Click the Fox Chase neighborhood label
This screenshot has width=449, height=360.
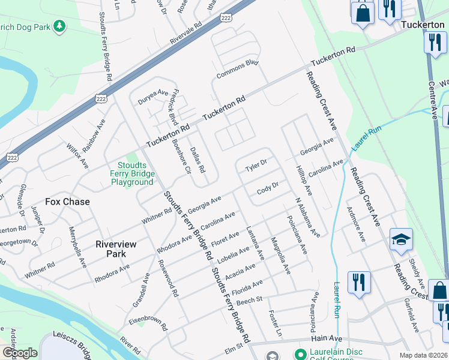(68, 202)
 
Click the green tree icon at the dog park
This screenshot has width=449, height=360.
(59, 26)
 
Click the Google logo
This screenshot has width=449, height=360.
(20, 352)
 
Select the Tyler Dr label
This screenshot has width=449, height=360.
(255, 164)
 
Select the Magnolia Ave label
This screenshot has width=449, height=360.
(280, 256)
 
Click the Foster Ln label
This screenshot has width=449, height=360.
(276, 323)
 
